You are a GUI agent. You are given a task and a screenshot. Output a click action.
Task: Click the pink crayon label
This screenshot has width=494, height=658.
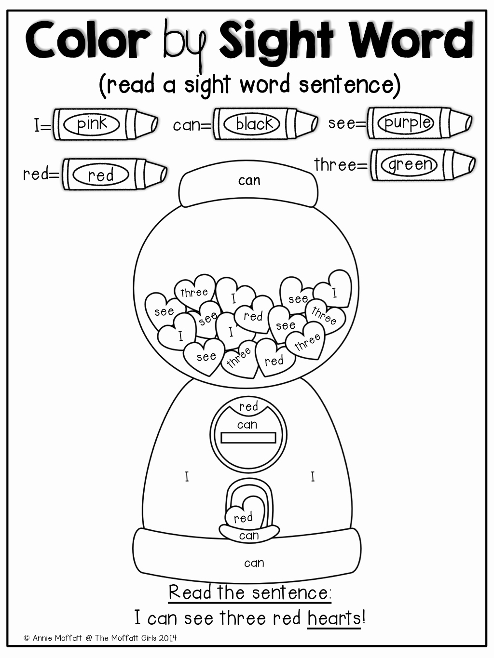[92, 124]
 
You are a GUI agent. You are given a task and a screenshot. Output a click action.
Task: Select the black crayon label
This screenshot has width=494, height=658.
[255, 124]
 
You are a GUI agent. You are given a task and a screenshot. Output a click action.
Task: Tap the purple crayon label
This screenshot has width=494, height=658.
[407, 122]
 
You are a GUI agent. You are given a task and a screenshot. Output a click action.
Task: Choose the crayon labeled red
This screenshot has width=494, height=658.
[101, 175]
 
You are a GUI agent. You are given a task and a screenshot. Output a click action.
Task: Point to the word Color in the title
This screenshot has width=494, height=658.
[88, 40]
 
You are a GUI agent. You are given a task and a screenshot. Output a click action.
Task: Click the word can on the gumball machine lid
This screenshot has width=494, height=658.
[249, 180]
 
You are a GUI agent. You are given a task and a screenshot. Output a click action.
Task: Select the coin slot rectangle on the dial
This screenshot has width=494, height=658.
[248, 438]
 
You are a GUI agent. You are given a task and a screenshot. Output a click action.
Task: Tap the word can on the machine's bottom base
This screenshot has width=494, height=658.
[254, 563]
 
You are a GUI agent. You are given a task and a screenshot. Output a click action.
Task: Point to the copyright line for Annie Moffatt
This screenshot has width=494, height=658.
[100, 638]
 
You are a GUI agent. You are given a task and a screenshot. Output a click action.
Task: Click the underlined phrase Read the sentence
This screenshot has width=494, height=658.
[250, 592]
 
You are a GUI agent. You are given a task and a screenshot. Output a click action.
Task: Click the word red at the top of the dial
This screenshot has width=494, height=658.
[248, 406]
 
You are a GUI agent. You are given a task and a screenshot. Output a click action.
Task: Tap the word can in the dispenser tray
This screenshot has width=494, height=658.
[249, 535]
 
